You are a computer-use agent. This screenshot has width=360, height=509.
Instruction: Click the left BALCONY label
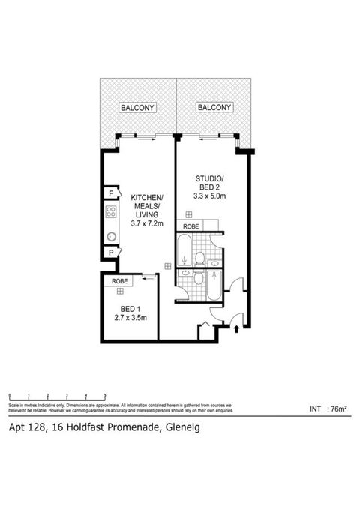(x=137, y=108)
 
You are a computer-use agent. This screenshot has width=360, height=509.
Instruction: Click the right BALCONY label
(x=213, y=108)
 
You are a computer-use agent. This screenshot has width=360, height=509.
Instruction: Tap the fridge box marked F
(x=110, y=193)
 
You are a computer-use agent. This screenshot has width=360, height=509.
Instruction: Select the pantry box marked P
(x=110, y=253)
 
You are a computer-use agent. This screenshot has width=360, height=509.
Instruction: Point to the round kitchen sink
(x=111, y=236)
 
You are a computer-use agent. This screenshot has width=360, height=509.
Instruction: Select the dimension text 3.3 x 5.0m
(x=210, y=196)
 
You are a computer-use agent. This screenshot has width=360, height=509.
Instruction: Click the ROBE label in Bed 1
(x=119, y=280)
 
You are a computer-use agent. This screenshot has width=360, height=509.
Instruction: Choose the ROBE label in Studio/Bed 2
(x=190, y=226)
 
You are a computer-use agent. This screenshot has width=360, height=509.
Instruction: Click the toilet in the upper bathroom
(x=199, y=258)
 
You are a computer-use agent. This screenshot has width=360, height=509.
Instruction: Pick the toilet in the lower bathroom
(x=199, y=279)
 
